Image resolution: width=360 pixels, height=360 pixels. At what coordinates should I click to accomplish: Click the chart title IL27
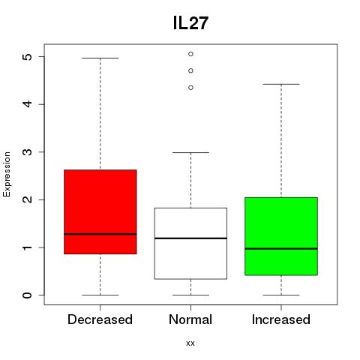(190, 23)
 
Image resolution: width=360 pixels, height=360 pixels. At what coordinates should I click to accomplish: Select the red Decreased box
(100, 211)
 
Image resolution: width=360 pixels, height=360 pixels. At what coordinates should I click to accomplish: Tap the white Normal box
(190, 243)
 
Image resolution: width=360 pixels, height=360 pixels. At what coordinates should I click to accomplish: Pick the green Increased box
(281, 236)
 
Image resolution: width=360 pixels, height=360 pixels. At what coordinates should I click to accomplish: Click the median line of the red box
(100, 234)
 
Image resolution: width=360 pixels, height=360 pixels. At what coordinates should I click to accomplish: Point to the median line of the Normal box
(190, 238)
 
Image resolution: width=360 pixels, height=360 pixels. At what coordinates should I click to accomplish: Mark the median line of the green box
(281, 249)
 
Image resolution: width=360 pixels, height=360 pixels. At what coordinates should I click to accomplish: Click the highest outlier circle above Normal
(190, 54)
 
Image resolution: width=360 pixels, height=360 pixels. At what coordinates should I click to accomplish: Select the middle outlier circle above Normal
(190, 70)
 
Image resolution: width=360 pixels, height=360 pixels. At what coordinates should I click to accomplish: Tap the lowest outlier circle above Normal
(190, 88)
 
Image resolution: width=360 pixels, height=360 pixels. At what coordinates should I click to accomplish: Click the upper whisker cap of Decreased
(100, 58)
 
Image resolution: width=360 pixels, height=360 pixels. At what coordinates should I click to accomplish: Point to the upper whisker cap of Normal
(190, 152)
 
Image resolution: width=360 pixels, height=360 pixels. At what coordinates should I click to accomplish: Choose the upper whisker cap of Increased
(281, 84)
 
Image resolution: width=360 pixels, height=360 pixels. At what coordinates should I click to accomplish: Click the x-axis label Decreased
(100, 319)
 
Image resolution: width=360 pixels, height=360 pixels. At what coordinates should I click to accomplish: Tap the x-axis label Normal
(190, 319)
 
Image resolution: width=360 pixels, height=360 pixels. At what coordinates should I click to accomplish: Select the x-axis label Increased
(281, 319)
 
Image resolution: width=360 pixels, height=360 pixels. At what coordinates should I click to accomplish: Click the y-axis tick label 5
(27, 57)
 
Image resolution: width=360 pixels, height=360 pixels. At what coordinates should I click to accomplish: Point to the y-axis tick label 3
(27, 152)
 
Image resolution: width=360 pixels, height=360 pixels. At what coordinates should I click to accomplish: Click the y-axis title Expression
(7, 174)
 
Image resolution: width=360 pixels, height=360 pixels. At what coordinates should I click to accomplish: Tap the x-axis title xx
(190, 343)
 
